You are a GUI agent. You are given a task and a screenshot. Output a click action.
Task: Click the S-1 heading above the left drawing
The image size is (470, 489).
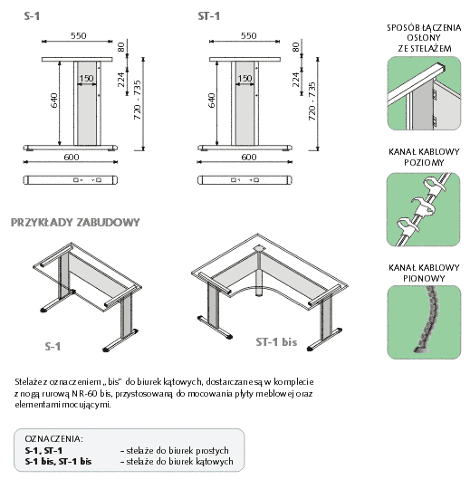[32, 16]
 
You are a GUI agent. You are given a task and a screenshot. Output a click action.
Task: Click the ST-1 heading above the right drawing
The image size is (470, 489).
[208, 16]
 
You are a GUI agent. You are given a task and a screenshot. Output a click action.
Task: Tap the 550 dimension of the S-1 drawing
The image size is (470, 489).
[78, 35]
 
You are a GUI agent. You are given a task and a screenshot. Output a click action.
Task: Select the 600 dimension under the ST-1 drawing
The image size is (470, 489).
[249, 157]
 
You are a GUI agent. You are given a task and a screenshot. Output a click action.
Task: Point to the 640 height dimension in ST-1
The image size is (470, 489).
[212, 101]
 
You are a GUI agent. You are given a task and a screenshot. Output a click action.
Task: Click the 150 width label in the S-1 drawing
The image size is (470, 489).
[86, 78]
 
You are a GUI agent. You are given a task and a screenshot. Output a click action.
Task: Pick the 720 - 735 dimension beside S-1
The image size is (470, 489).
[138, 100]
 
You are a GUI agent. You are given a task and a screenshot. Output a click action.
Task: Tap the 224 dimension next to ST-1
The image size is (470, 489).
[295, 80]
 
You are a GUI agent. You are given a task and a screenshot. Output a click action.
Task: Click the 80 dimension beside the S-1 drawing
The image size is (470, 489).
[121, 47]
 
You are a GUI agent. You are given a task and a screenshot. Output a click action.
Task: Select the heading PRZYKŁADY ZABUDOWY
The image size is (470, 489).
[75, 223]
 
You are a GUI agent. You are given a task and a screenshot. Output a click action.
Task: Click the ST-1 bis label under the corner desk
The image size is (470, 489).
[276, 342]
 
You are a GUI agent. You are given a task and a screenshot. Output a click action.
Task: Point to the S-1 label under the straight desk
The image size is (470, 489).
[53, 347]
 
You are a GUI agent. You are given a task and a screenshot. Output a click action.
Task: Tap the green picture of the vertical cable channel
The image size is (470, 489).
[424, 322]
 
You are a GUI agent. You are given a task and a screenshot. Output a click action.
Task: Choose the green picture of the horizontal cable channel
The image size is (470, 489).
[424, 209]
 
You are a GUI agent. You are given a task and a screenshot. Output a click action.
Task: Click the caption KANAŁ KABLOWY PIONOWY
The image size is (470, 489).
[424, 273]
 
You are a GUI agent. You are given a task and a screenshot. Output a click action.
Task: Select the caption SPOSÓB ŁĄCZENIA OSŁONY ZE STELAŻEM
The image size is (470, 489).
[424, 38]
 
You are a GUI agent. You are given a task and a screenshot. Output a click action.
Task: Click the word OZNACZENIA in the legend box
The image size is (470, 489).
[54, 439]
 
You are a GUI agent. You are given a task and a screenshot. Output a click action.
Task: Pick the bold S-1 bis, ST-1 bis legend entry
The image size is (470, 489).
[58, 461]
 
